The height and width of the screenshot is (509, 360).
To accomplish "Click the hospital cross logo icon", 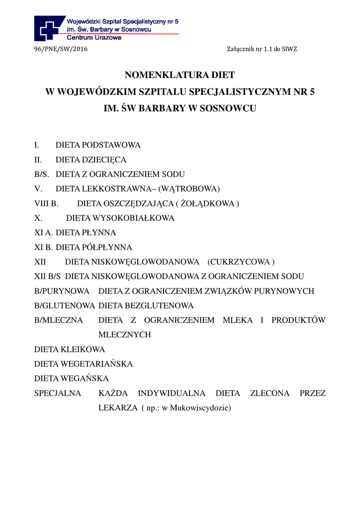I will click(x=49, y=28).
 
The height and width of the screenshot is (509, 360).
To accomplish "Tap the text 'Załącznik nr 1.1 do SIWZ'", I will click(x=262, y=49).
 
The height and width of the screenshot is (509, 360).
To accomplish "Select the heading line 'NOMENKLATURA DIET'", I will click(x=180, y=76).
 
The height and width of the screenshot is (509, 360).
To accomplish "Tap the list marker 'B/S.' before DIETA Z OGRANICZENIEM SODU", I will click(x=43, y=174).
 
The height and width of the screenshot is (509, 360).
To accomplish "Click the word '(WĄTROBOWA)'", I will click(x=191, y=189).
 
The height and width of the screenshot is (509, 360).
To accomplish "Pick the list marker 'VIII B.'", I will click(x=46, y=204).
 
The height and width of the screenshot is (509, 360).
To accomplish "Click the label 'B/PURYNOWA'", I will click(x=62, y=291).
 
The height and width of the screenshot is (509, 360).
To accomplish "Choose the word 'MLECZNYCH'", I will click(x=124, y=335).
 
